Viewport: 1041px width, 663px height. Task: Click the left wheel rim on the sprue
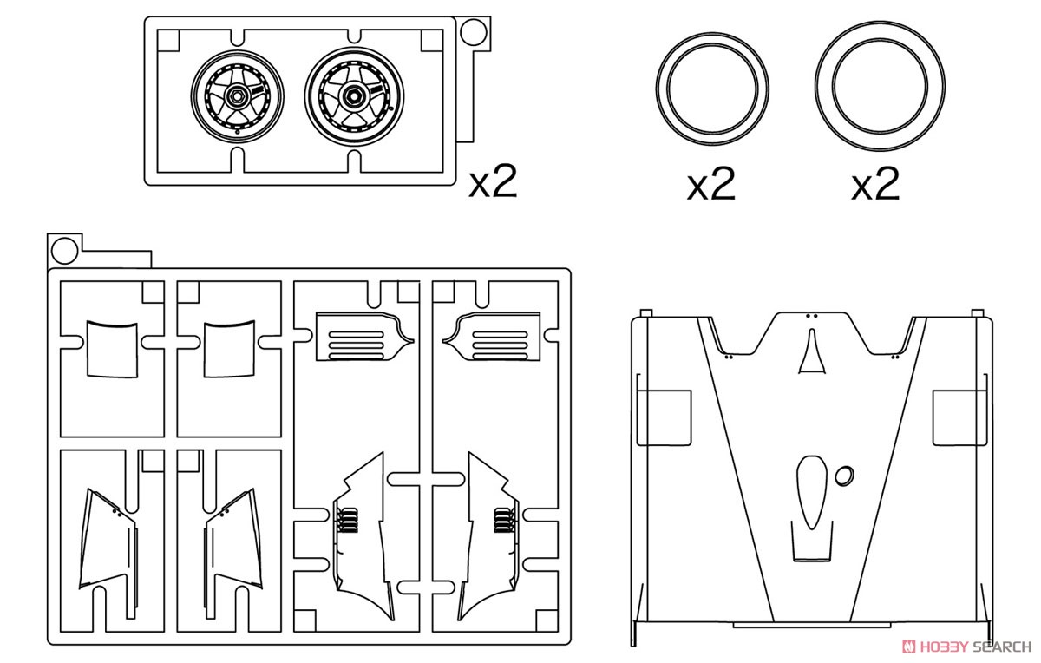(x=237, y=95)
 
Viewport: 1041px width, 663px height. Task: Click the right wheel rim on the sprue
(x=354, y=96)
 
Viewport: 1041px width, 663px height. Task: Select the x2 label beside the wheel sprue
(x=493, y=181)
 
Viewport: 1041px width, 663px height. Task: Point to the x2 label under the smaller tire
(x=711, y=184)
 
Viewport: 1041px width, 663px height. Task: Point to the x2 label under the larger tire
(x=875, y=184)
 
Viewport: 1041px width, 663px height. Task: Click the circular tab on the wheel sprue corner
(x=473, y=32)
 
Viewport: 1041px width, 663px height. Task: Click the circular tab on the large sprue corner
(x=64, y=251)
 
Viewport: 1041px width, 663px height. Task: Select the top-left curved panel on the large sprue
(x=112, y=349)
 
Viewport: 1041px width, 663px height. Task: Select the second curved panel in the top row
(x=229, y=349)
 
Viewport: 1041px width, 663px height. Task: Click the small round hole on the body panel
(x=844, y=476)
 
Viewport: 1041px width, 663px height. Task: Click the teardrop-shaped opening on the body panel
(x=811, y=493)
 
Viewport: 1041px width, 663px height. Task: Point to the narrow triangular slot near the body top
(x=812, y=352)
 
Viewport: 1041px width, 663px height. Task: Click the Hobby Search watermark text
(x=967, y=647)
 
